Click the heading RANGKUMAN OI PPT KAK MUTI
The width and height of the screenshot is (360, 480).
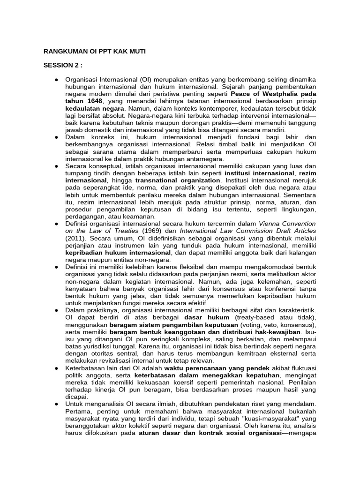pos(94,51)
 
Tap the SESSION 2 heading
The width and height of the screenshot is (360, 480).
pos(63,65)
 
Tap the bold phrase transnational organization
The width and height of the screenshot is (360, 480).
pos(178,180)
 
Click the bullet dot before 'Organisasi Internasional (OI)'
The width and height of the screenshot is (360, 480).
pos(56,79)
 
